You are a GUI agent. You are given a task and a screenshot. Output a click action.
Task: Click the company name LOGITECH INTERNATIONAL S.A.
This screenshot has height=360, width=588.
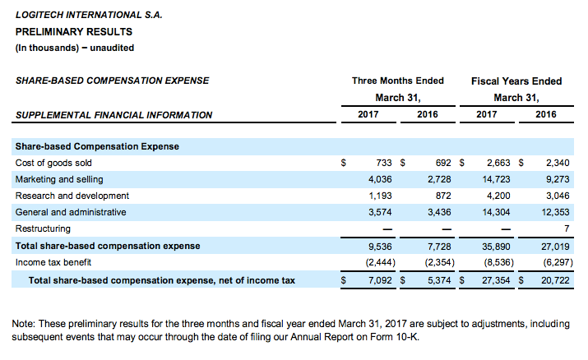(89, 15)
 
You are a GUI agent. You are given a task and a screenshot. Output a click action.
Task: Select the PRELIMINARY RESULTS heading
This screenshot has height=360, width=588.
(74, 32)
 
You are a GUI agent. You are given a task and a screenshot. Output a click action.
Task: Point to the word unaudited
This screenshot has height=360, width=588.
(112, 48)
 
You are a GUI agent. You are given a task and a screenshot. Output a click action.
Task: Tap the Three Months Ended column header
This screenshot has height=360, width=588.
(398, 81)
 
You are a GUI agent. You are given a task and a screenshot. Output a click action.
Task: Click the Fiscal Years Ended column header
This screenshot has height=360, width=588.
(516, 81)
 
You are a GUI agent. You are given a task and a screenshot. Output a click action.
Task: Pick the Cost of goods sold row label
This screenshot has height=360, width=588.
(53, 163)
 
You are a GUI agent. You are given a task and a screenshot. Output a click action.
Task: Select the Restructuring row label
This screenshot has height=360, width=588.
(43, 228)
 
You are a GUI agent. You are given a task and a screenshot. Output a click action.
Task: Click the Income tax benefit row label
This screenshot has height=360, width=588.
(53, 262)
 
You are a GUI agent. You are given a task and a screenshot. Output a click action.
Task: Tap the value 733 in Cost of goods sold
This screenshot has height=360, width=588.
(384, 163)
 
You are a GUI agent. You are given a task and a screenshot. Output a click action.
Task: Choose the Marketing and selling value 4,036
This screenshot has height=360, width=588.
(380, 179)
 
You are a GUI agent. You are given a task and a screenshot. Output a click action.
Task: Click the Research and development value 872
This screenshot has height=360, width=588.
(443, 196)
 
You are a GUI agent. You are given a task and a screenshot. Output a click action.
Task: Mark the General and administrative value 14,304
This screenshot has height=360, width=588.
(496, 212)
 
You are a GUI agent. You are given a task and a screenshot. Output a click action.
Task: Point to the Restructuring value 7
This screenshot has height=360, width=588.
(567, 228)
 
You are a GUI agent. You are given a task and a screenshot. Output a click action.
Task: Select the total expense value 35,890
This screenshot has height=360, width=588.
(496, 247)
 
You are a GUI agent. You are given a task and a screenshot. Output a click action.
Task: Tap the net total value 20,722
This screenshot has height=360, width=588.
(555, 280)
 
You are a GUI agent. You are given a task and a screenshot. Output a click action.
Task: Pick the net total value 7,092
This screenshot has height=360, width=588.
(380, 280)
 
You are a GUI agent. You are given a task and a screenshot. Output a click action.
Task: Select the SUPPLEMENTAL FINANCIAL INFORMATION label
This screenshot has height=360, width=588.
(114, 115)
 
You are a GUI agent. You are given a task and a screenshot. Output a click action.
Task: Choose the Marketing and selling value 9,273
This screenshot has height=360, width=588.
(558, 179)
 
